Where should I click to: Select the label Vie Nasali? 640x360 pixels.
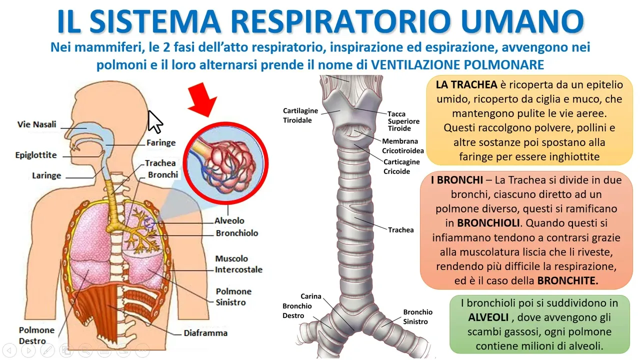[37, 124]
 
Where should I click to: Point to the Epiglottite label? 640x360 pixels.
[36, 155]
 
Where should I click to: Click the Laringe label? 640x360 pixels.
[46, 175]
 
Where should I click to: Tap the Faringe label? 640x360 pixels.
[161, 142]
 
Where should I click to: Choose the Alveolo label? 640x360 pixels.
[229, 220]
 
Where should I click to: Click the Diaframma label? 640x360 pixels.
[205, 333]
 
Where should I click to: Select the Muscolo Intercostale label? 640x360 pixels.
[238, 264]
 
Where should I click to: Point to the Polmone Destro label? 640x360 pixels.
[36, 335]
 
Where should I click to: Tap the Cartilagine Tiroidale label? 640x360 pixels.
[300, 115]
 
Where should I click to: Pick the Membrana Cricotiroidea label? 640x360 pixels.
[403, 146]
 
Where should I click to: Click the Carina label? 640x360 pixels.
[311, 296]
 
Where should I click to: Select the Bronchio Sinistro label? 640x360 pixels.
[418, 317]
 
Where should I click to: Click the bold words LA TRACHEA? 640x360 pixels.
[466, 84]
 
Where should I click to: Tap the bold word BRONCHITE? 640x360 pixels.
[567, 280]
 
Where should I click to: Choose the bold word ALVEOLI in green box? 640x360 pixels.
[487, 317]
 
